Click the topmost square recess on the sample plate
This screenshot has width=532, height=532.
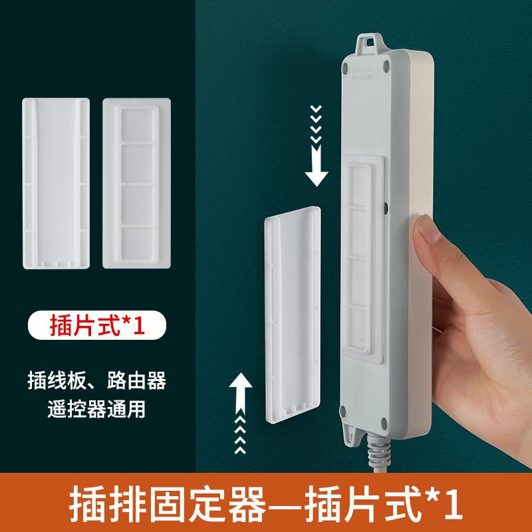[x=137, y=126]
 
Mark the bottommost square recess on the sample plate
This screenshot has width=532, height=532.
[x=137, y=240]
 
